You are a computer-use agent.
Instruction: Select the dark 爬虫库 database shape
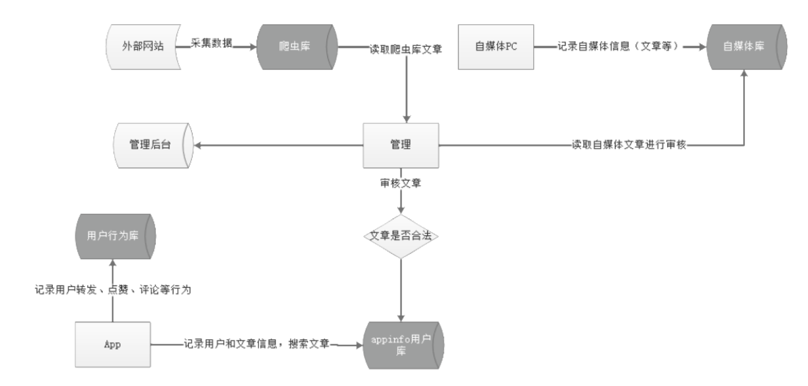(297, 46)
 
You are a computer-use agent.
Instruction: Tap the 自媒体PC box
(495, 46)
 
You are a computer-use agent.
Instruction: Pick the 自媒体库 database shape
(747, 46)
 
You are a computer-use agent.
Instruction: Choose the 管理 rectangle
(401, 146)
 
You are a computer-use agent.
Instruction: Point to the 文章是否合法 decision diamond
(401, 237)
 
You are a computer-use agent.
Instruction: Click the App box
(112, 345)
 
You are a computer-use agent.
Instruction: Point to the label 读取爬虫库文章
(406, 48)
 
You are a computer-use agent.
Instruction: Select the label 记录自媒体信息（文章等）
(619, 47)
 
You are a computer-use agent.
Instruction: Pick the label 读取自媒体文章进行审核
(629, 146)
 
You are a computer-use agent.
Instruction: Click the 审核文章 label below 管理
(401, 183)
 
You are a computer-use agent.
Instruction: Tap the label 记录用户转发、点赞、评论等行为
(112, 290)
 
